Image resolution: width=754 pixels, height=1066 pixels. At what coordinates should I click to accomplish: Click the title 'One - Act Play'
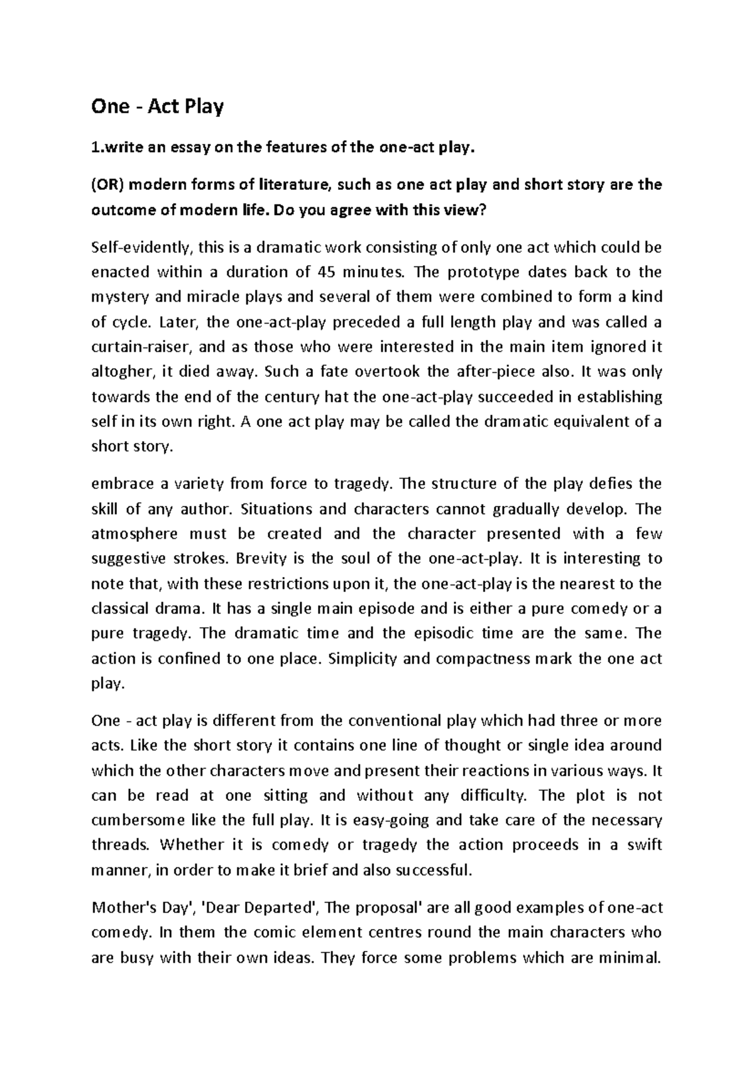point(157,108)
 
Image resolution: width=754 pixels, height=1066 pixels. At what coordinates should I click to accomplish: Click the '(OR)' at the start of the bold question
point(108,185)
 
